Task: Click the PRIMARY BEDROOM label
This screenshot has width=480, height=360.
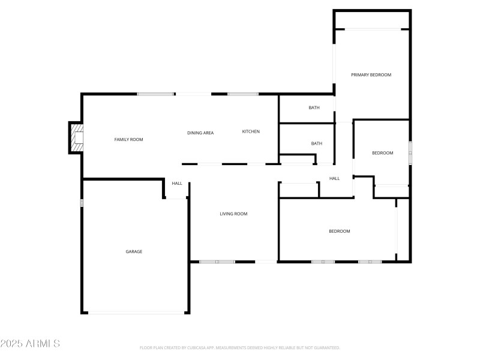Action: tap(371, 75)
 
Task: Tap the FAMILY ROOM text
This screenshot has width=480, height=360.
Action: tap(128, 140)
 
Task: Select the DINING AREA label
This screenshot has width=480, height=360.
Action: tap(200, 133)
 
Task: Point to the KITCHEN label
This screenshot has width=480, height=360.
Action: tap(251, 131)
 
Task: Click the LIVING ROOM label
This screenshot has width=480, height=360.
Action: tap(233, 214)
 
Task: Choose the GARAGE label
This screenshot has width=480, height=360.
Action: tap(134, 251)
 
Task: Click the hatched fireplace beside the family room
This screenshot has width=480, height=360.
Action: tap(76, 137)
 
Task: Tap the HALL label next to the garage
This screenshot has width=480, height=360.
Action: tap(177, 184)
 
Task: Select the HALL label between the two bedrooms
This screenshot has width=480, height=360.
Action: tap(334, 178)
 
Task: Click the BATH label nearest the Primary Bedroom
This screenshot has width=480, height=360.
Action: tap(314, 108)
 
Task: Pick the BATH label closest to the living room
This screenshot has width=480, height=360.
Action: tap(316, 143)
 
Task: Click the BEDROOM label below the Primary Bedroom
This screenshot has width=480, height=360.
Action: tap(382, 153)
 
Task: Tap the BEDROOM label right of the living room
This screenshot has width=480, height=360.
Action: tap(339, 231)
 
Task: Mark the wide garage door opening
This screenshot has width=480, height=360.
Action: tap(136, 312)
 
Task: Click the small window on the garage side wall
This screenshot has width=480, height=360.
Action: tap(83, 203)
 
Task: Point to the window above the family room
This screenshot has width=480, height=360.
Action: tap(155, 94)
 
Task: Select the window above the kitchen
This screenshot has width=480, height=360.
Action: tap(242, 94)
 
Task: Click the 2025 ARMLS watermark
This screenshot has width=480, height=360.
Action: tap(30, 344)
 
